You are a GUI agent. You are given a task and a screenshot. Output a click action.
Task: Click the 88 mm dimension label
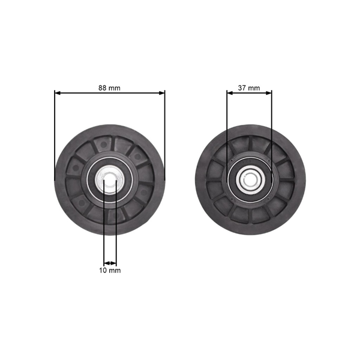tap(109, 88)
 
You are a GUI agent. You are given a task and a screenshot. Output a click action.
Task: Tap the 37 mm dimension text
tap(249, 88)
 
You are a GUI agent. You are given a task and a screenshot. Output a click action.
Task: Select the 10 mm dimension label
tap(110, 271)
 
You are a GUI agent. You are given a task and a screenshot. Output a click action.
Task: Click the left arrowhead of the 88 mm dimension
tap(58, 93)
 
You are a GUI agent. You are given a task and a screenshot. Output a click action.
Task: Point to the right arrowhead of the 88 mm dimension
tap(162, 93)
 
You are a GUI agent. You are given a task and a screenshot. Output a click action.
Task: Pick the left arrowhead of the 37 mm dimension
tap(230, 93)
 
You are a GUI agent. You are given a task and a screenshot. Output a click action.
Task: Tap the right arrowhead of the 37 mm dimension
tap(269, 93)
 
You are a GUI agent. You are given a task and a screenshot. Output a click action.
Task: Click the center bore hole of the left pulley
tap(110, 180)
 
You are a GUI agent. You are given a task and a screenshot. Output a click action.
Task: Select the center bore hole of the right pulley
tap(250, 180)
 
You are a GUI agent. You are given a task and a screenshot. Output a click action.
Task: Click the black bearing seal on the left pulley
tap(92, 180)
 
